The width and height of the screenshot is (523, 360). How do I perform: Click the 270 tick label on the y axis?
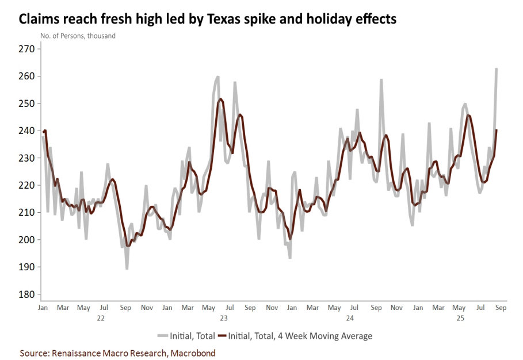[x=27, y=49]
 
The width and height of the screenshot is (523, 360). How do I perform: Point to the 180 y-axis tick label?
[x=27, y=294]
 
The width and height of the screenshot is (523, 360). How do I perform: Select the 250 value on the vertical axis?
[x=27, y=104]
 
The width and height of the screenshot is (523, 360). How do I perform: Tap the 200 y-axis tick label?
[x=27, y=240]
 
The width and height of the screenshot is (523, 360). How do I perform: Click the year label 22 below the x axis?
[x=100, y=317]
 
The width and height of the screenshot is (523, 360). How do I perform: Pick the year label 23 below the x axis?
[x=224, y=317]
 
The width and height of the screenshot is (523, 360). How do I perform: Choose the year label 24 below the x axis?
[x=350, y=317]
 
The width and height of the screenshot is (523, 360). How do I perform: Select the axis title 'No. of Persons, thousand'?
[x=78, y=36]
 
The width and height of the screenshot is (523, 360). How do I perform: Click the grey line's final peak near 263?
[x=496, y=68]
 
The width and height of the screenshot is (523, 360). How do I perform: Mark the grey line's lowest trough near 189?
[x=127, y=269]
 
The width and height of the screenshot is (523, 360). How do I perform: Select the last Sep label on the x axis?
[x=501, y=308]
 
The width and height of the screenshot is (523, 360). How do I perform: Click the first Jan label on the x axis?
[x=43, y=308]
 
